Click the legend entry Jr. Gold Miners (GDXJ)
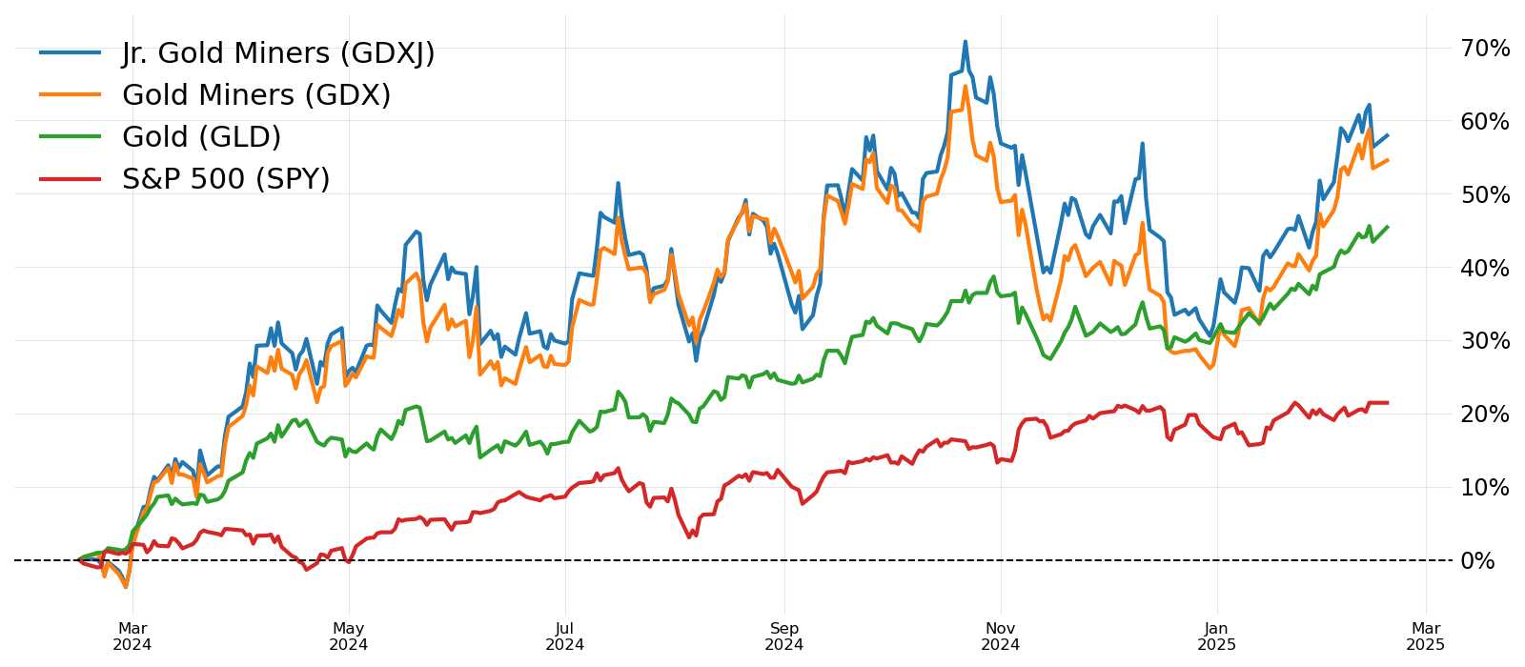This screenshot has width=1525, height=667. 277,53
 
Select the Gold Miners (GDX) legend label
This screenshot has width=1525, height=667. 255,95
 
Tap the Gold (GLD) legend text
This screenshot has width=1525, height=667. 201,137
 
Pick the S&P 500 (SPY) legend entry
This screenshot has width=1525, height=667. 225,179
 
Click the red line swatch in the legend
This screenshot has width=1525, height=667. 70,179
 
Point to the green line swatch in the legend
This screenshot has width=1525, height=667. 70,137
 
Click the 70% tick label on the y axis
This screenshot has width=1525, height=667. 1484,49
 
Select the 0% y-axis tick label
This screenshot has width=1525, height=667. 1477,560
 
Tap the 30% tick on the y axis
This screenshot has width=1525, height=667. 1484,341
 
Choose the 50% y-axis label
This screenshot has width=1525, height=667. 1484,194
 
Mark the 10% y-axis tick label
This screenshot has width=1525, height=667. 1484,487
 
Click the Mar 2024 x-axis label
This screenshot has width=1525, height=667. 132,637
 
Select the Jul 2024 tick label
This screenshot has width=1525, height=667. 565,637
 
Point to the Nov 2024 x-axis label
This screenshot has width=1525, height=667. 1001,637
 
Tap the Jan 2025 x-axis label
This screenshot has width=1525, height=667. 1216,637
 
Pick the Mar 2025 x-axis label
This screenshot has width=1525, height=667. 1426,637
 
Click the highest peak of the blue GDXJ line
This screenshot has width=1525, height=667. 965,42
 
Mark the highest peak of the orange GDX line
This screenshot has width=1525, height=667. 965,87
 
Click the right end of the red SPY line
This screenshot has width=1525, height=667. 1387,403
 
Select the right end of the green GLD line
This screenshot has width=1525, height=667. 1387,227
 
